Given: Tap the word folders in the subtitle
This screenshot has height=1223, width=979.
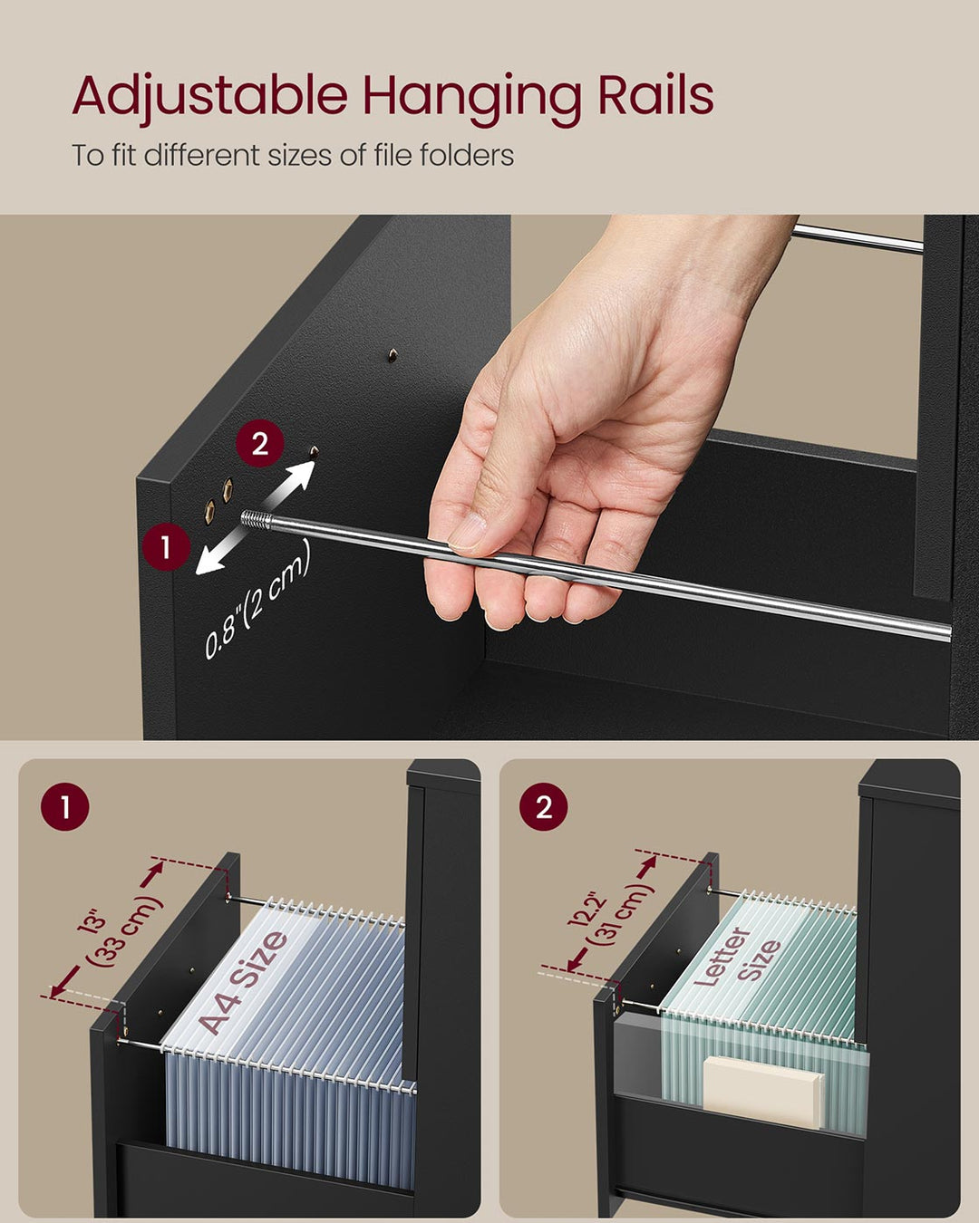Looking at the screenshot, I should point(467,156).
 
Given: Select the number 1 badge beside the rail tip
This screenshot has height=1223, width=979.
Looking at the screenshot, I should point(166,547).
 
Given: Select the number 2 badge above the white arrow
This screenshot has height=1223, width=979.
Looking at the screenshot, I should point(260,444).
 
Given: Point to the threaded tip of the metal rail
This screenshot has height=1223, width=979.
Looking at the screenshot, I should point(257,519).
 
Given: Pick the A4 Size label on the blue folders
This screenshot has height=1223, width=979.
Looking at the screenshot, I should point(243,982).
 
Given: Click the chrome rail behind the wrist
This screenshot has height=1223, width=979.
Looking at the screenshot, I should point(857,237).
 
